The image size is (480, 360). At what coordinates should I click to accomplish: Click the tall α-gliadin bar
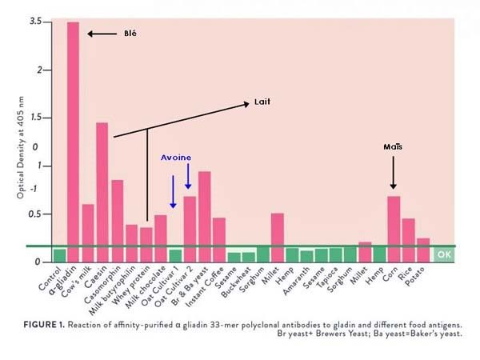point(73,136)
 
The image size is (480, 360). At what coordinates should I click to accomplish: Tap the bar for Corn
point(394,224)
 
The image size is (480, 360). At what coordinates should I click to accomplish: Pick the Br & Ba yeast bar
point(204,212)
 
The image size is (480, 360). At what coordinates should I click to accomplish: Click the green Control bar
point(59,255)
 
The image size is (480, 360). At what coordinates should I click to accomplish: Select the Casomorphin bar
point(117,216)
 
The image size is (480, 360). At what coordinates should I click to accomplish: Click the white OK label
point(444,255)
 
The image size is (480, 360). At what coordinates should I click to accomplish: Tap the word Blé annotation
point(129,34)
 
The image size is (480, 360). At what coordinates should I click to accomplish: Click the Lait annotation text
point(262,102)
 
